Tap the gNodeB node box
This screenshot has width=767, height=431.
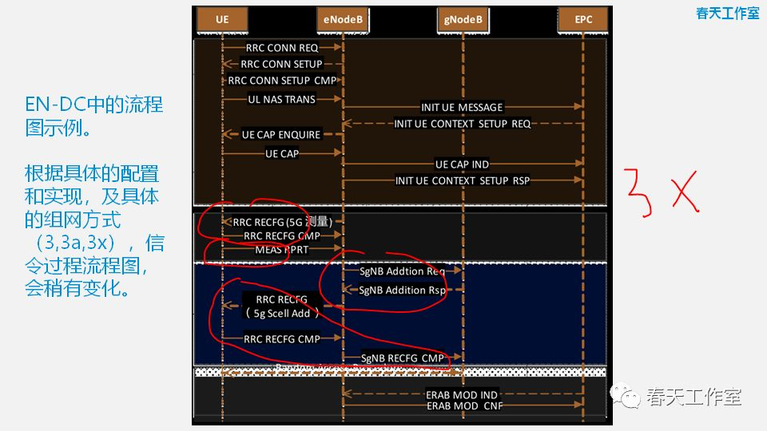click(463, 18)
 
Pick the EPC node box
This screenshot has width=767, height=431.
click(582, 18)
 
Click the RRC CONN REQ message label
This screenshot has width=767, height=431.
click(281, 48)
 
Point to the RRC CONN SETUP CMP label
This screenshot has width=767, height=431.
click(282, 81)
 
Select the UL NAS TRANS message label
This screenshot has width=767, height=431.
click(281, 100)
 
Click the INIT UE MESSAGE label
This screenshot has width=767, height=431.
click(462, 108)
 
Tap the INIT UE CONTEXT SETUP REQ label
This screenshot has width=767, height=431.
click(462, 124)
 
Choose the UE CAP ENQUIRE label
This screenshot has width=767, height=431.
click(281, 135)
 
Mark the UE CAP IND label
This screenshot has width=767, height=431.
click(462, 164)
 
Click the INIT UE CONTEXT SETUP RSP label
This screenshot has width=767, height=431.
click(462, 180)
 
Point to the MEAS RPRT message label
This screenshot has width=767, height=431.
click(281, 250)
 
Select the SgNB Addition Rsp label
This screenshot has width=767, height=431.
click(403, 291)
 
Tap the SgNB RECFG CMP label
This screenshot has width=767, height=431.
click(402, 359)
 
